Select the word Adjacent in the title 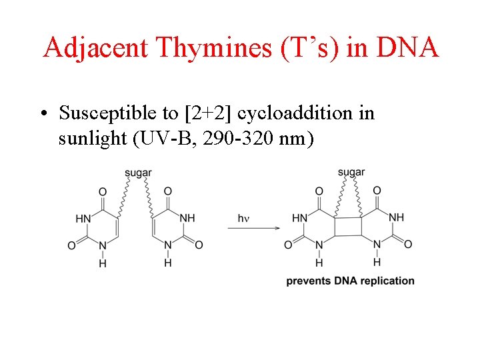point(97,47)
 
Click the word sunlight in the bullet point(91,140)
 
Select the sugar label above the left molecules point(138,173)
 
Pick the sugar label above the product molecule point(351,173)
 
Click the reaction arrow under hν point(253,228)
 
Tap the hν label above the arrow point(245,218)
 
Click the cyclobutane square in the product point(349,226)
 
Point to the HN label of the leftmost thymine point(83,218)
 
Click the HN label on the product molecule point(300,218)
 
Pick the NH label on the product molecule point(396,218)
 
